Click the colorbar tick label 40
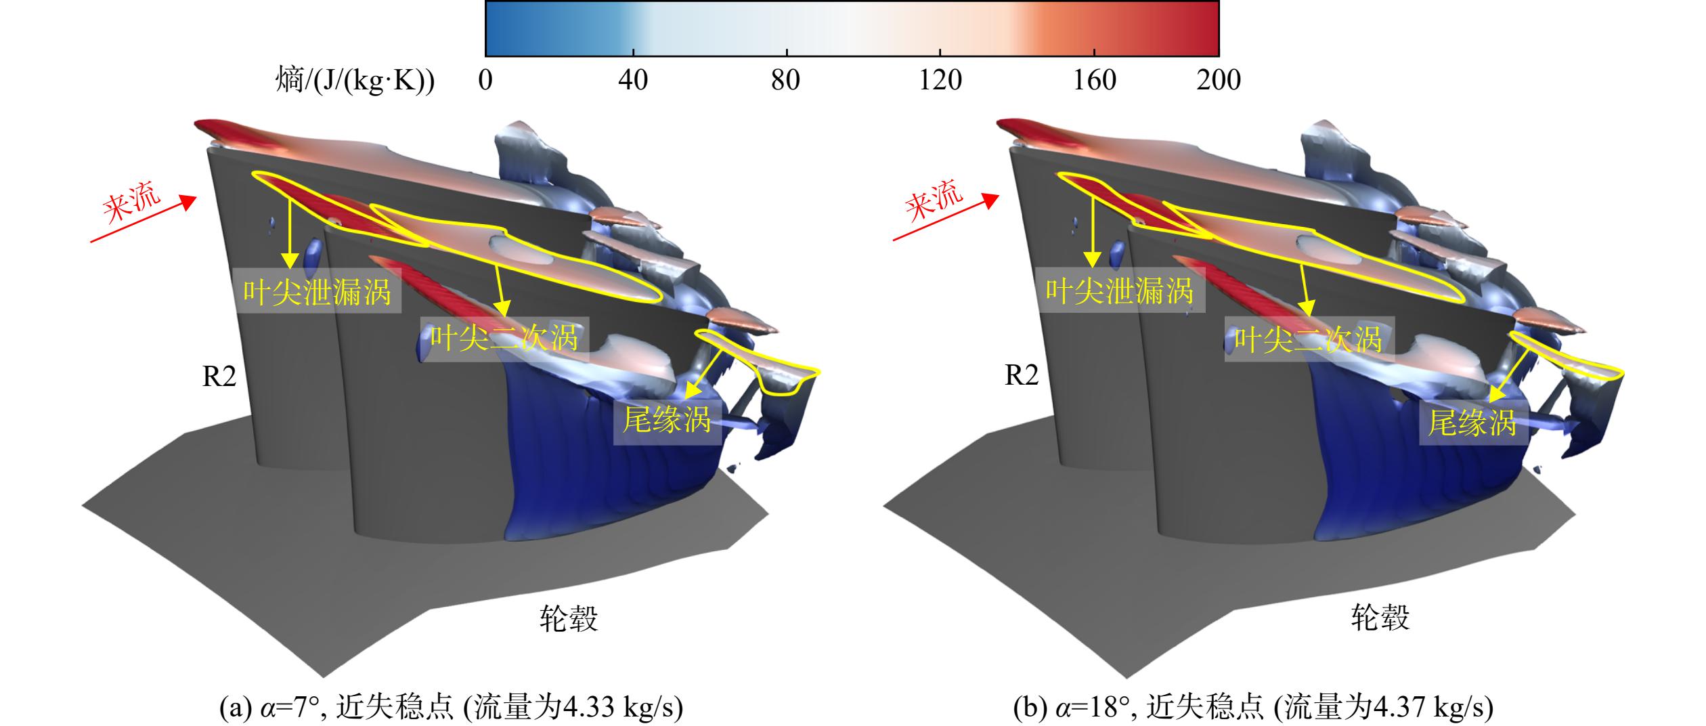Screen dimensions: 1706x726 pos(633,81)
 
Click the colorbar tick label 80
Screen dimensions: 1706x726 pos(785,81)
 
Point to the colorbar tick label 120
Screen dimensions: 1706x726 pos(940,81)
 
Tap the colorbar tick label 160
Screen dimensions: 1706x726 pos(1095,81)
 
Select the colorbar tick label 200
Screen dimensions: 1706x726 pos(1219,81)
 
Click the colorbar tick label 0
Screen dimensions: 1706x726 pos(485,81)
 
